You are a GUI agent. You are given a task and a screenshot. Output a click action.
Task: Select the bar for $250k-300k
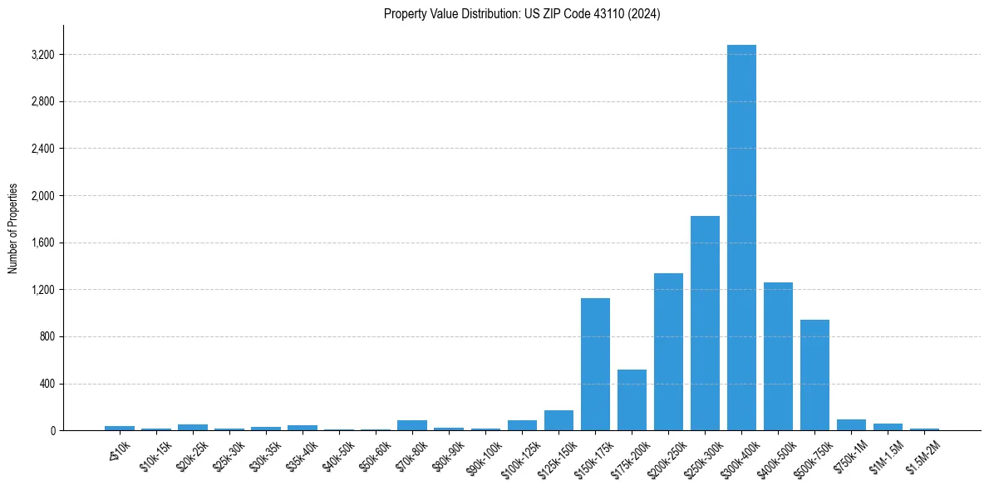705,323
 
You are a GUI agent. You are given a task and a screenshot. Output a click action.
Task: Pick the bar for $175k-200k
632,399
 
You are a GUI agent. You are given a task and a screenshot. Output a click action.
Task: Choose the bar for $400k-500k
778,356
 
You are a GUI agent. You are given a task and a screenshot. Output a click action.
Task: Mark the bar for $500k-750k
814,375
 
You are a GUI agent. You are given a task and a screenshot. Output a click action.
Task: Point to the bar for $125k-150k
558,420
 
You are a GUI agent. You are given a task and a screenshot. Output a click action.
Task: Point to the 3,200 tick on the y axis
42,55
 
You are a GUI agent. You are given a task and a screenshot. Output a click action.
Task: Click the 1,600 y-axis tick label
42,243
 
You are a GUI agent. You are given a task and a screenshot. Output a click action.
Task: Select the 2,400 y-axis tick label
42,149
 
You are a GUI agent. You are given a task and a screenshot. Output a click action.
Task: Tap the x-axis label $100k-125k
520,459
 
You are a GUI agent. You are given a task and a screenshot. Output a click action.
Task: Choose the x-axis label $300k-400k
740,459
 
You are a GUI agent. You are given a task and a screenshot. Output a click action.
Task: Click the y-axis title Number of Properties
12,228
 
